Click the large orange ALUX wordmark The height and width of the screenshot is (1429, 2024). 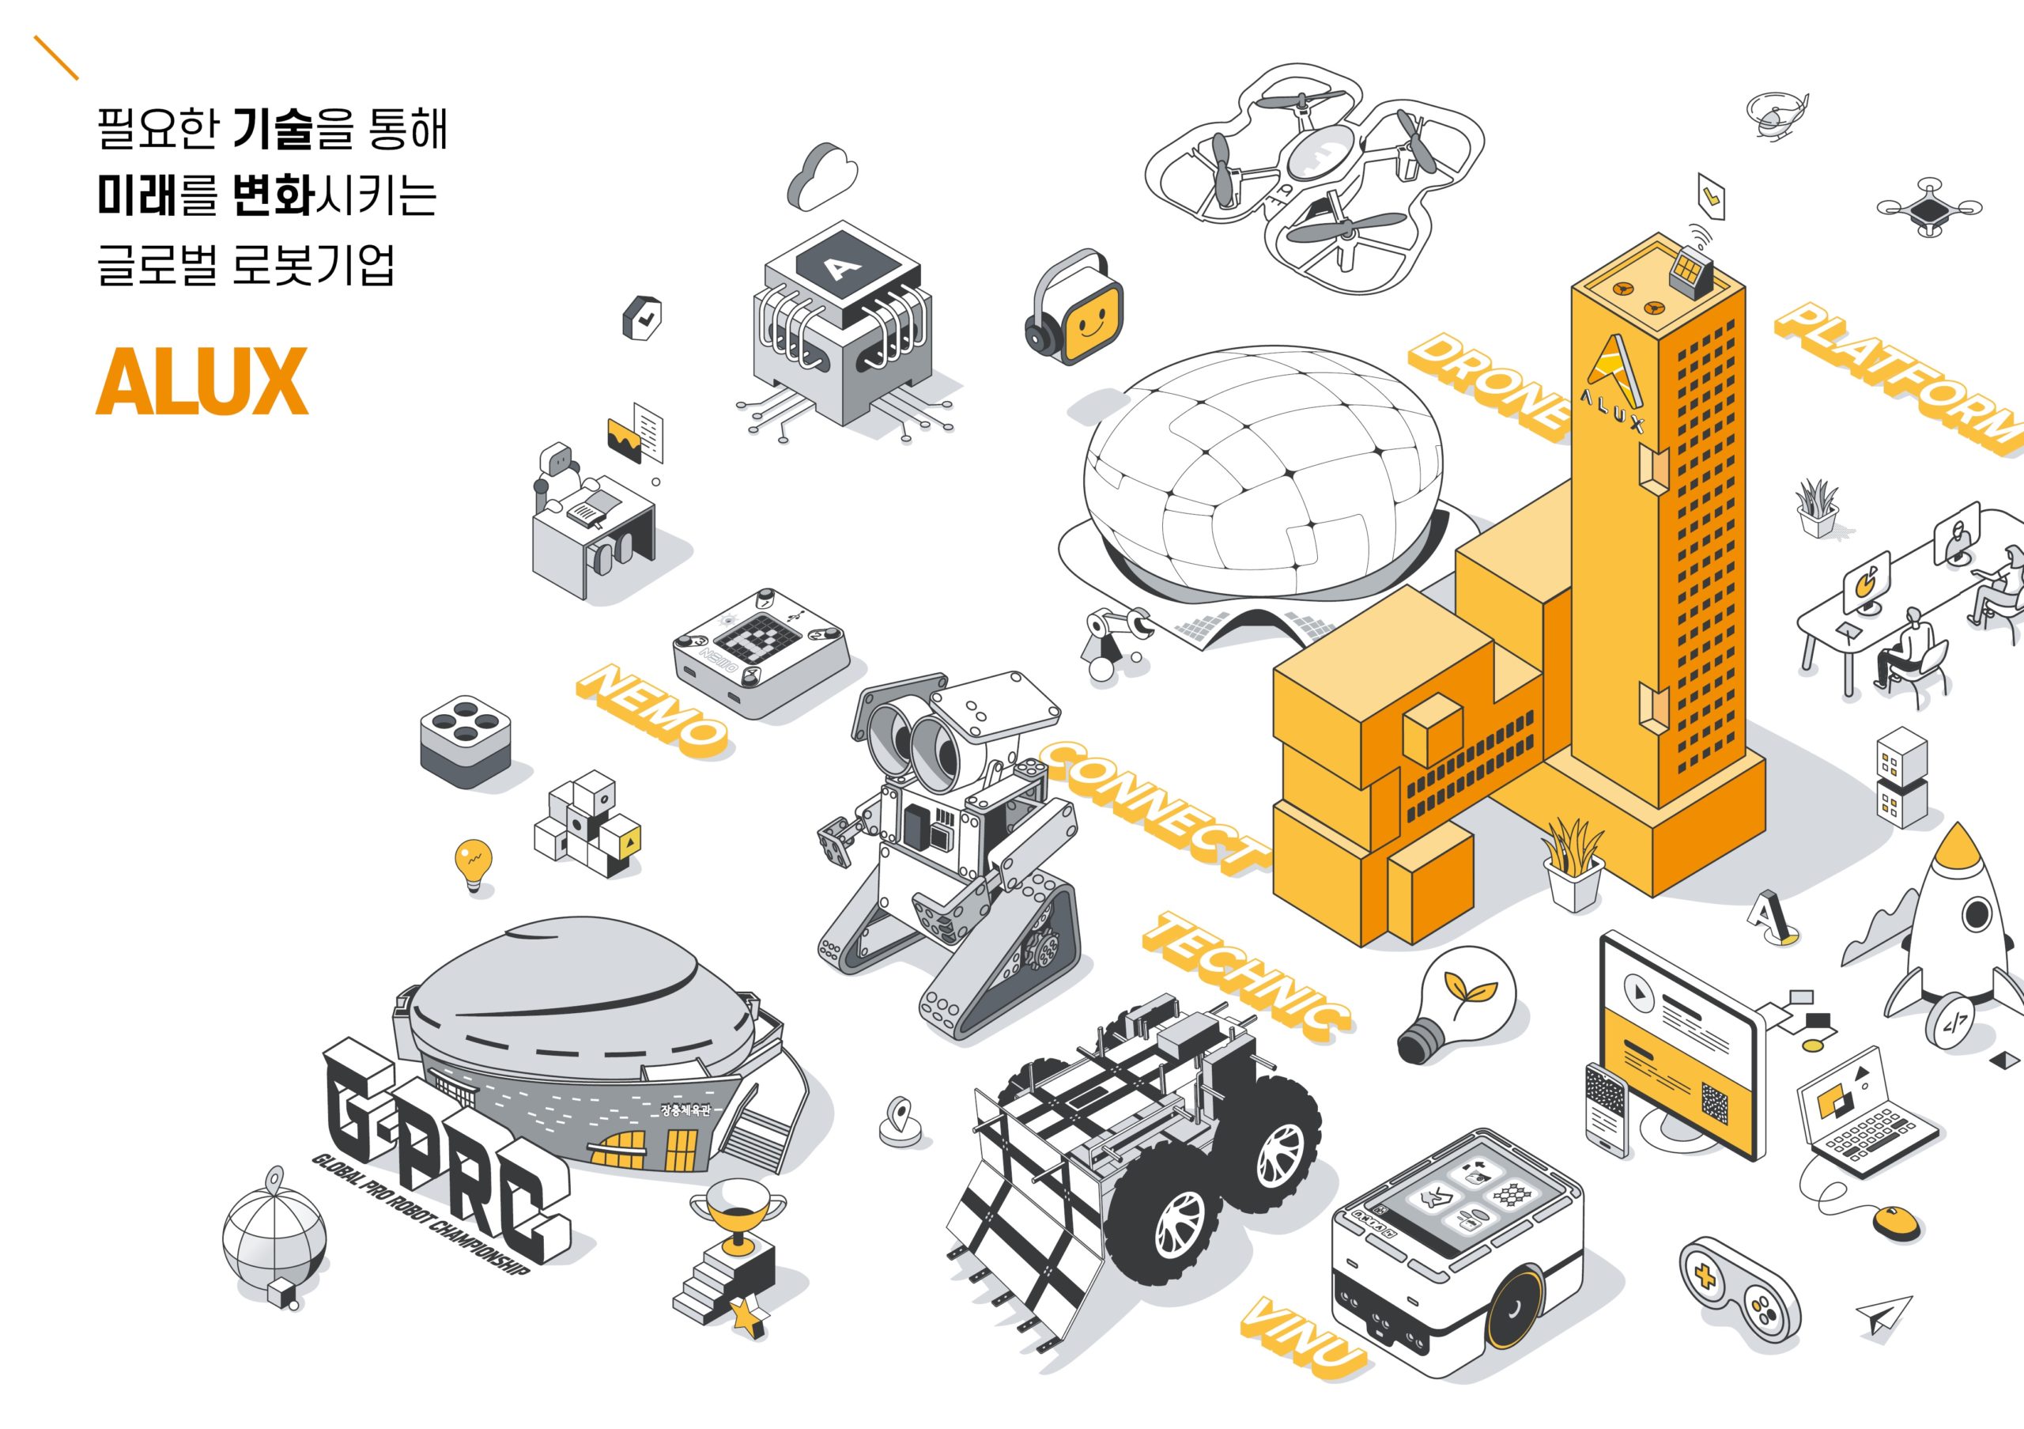202,381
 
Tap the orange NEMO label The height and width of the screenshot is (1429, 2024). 653,710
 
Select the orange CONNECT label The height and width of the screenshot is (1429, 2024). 1156,807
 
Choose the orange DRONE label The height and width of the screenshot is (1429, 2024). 1489,384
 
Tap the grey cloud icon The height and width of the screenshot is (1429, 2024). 821,176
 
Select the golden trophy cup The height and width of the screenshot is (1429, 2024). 737,1215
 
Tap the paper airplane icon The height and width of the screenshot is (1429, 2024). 1886,1316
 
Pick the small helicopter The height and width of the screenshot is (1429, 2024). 1776,115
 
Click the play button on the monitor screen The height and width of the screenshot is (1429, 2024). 1638,992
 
